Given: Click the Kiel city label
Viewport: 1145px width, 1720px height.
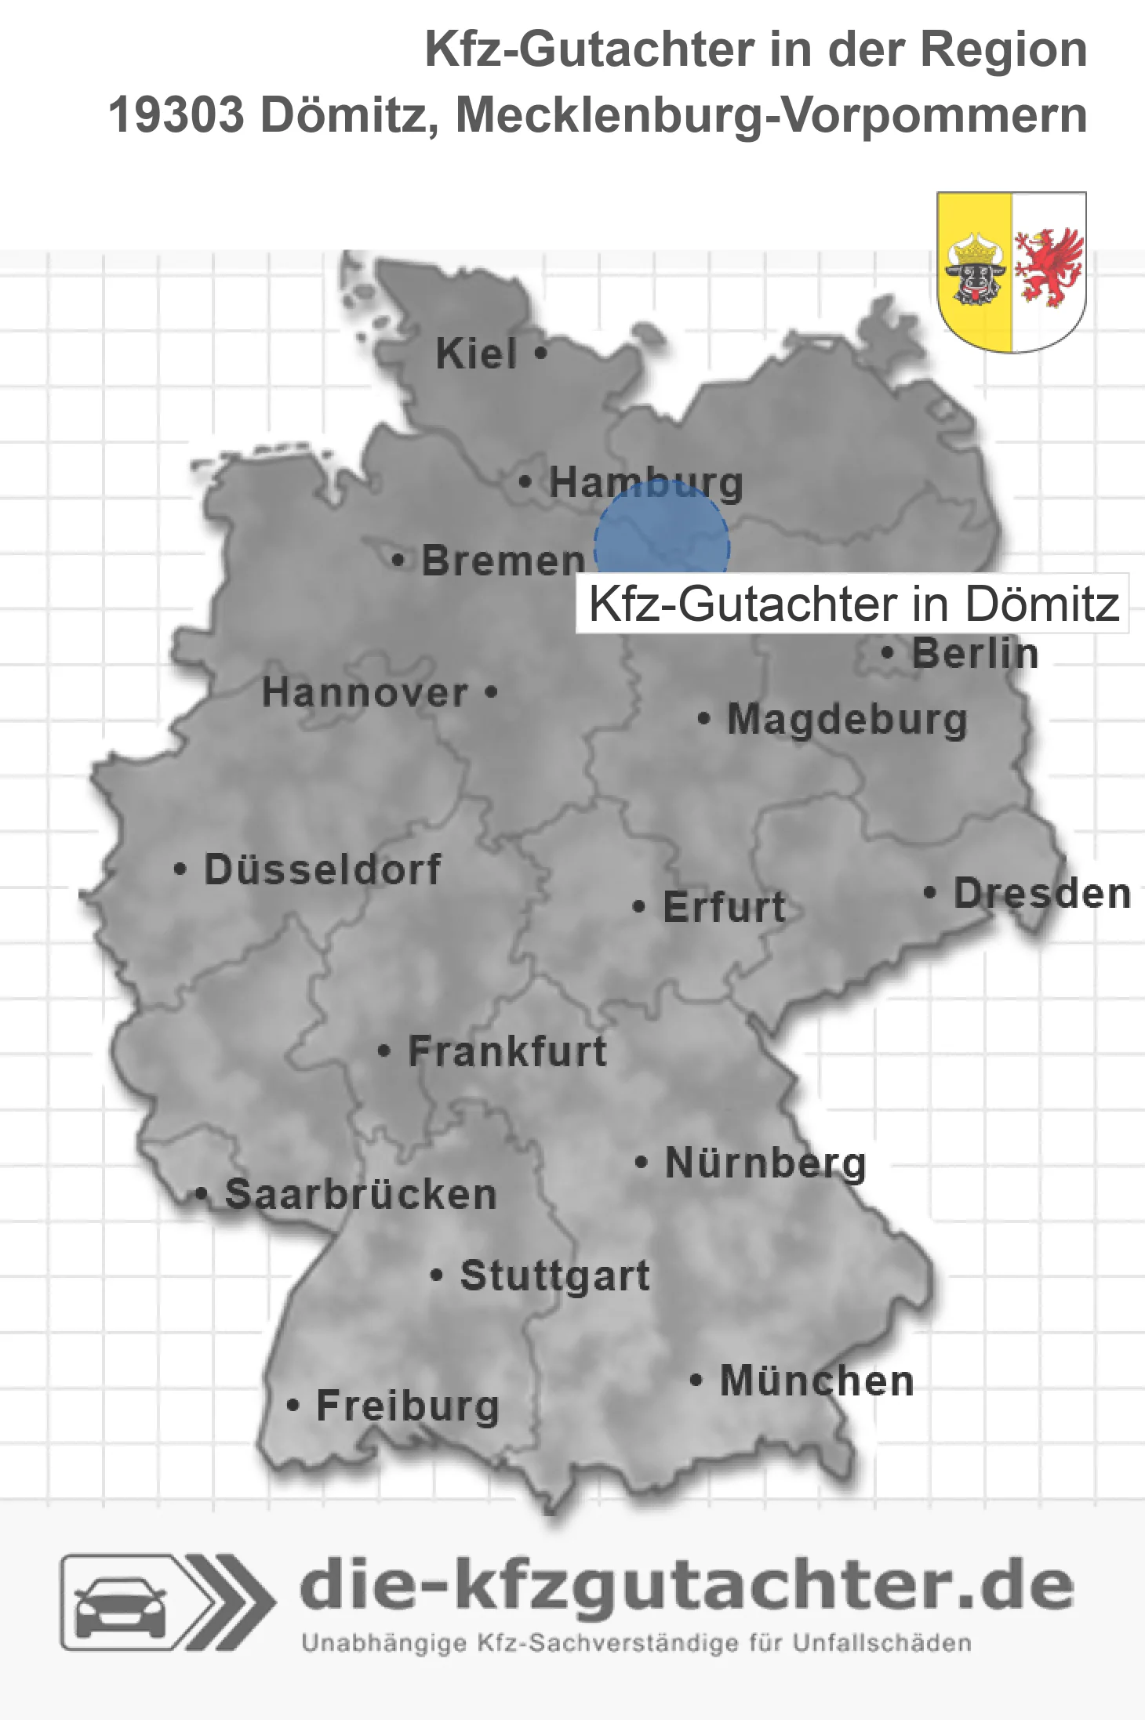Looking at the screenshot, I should point(476,354).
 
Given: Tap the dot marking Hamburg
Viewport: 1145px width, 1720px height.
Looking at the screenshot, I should point(525,481).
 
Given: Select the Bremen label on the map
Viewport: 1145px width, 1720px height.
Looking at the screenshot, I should point(503,561).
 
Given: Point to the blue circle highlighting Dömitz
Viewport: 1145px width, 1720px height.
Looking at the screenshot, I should point(661,541).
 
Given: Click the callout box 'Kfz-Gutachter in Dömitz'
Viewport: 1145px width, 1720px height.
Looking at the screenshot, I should point(852,604).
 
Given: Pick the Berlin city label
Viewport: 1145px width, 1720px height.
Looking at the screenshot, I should point(975,653).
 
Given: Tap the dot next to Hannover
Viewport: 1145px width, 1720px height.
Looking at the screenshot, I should point(492,691).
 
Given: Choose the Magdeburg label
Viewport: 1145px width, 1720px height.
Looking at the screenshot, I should point(847,719).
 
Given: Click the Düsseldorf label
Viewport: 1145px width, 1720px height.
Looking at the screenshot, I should point(322,869).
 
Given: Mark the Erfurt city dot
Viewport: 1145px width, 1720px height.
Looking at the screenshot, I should point(639,907).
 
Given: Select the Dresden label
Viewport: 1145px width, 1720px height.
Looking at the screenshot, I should point(1042,893).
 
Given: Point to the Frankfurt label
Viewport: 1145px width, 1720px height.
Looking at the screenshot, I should point(507,1051).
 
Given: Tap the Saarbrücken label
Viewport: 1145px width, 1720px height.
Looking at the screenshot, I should point(361,1194).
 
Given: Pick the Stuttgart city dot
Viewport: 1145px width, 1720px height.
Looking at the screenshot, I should point(437,1275).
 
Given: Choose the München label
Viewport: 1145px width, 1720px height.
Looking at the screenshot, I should point(817,1381).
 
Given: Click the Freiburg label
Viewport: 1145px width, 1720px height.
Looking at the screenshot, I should point(408,1406).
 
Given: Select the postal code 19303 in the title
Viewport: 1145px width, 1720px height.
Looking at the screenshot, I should point(176,115).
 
